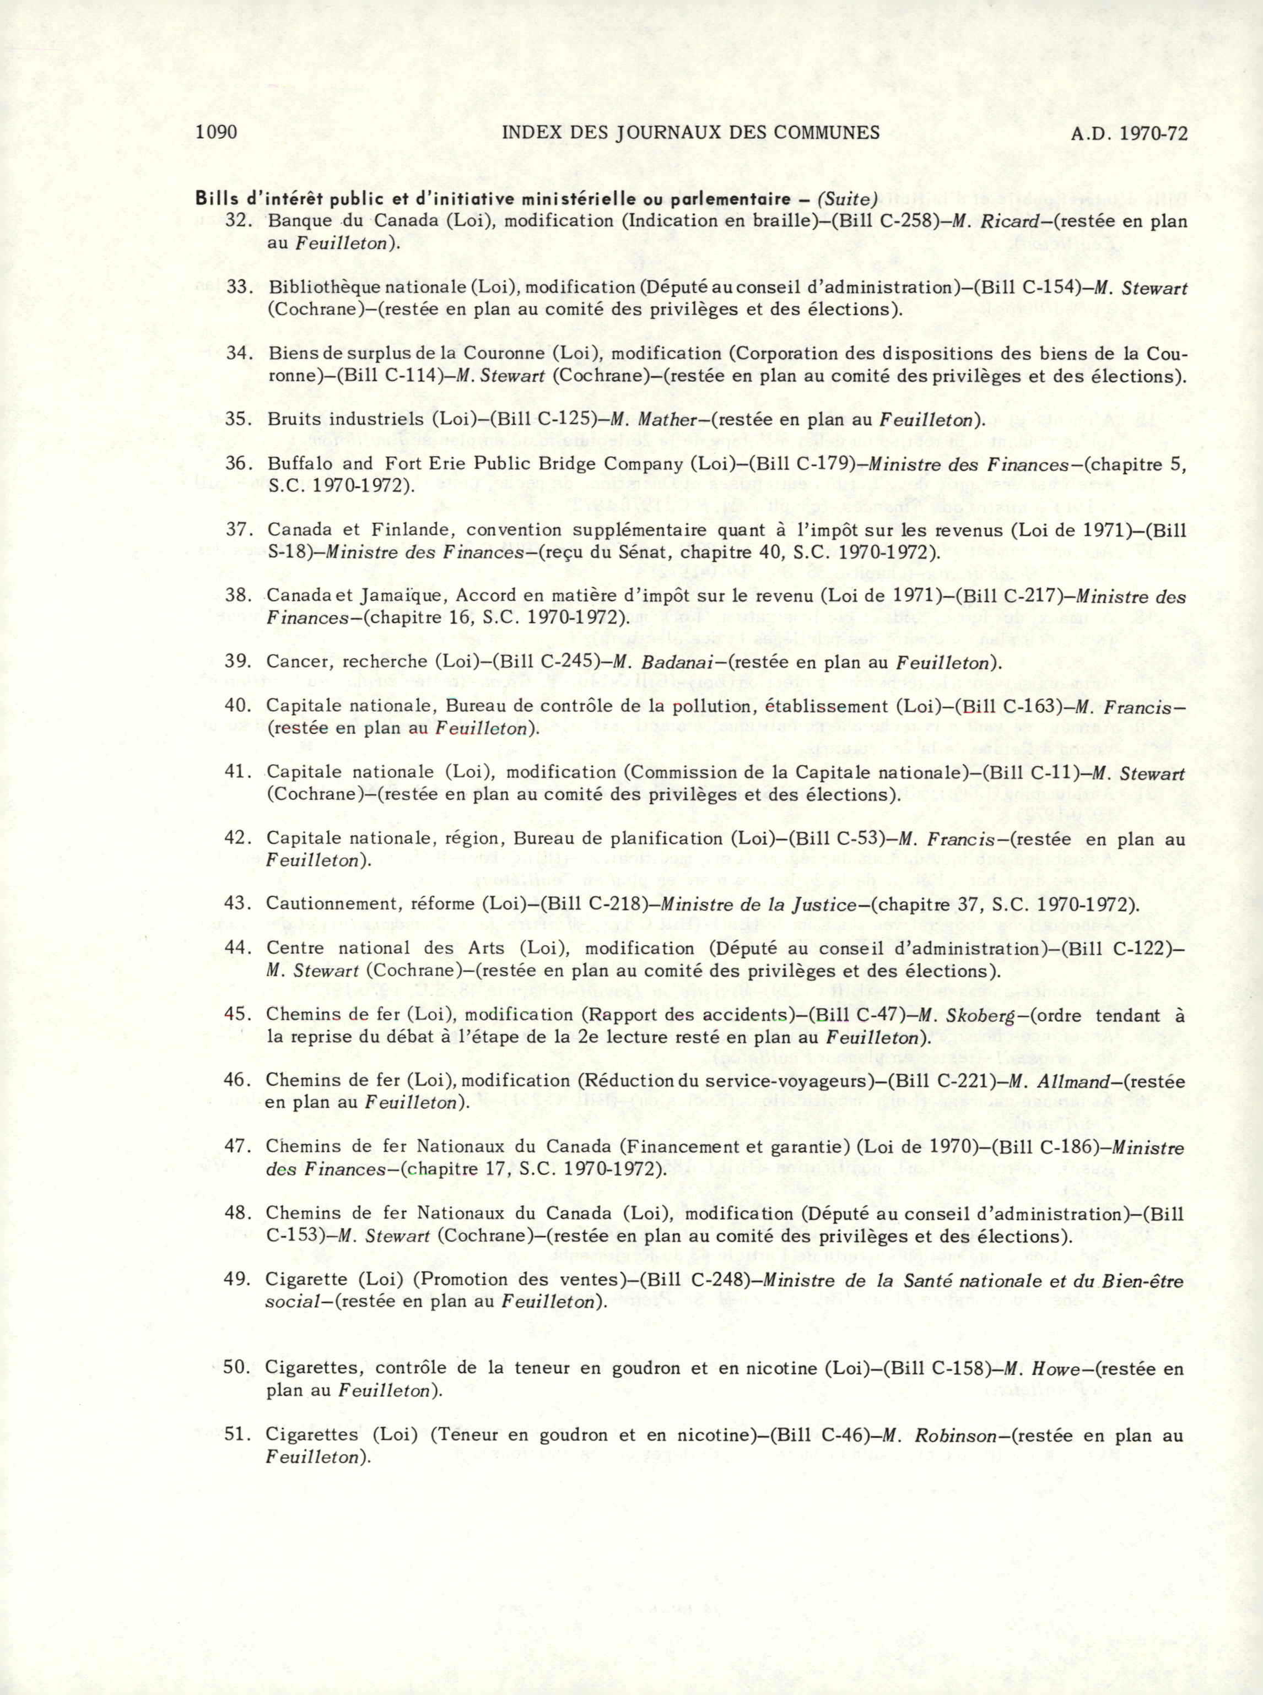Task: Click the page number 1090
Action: [x=217, y=132]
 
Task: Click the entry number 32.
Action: [x=239, y=221]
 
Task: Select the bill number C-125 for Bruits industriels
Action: [x=571, y=420]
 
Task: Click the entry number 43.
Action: [x=237, y=904]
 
